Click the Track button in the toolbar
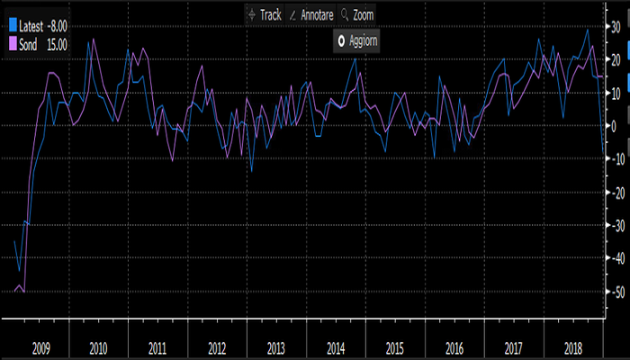point(265,15)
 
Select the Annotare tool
point(311,15)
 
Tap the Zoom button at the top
point(357,15)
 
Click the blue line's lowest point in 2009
point(19,269)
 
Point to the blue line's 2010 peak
point(90,40)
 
